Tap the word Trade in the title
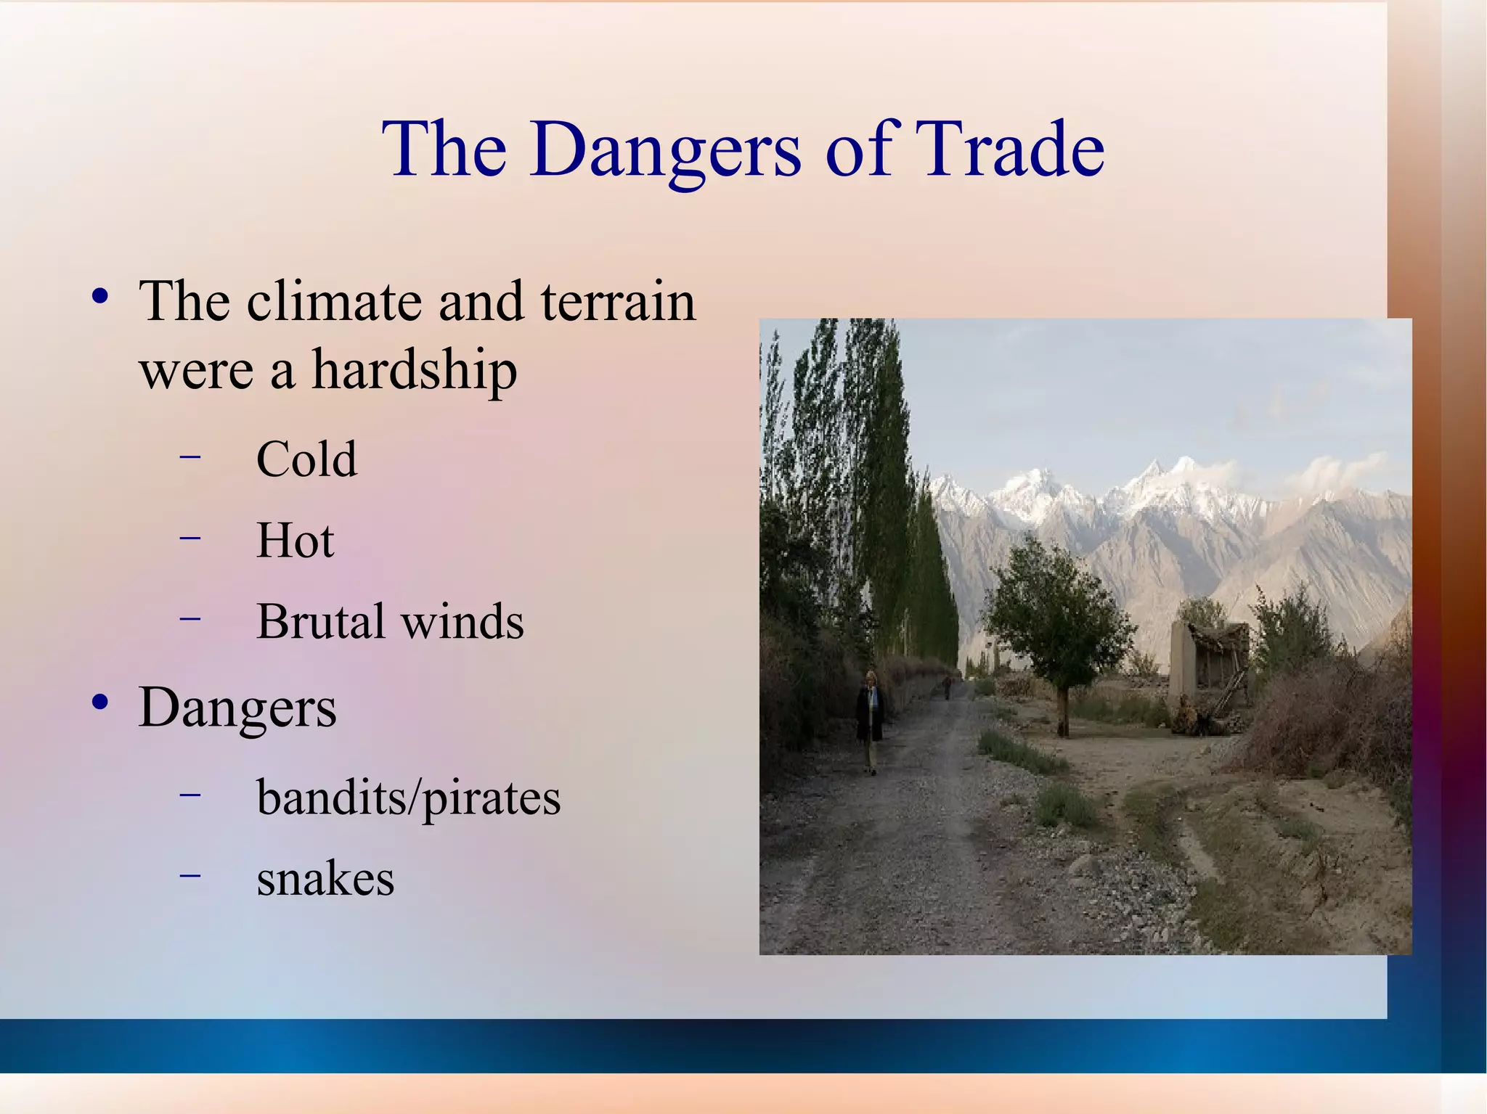click(1009, 149)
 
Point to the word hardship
click(415, 372)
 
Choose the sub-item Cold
click(306, 459)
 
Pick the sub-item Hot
click(295, 541)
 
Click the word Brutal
click(320, 622)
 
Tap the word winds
click(463, 623)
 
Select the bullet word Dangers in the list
click(237, 708)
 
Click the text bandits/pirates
click(408, 799)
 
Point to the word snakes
click(325, 879)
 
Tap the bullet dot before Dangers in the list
click(100, 703)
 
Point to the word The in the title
click(444, 150)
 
